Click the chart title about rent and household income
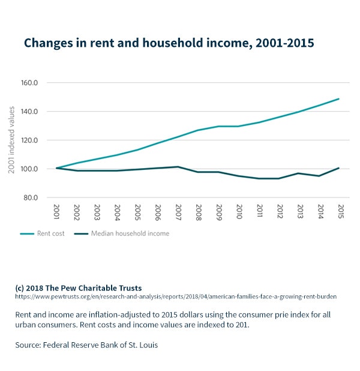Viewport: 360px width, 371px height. (168, 43)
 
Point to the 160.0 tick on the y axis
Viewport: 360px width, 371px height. (29, 83)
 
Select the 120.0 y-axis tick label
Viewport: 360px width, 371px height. (29, 140)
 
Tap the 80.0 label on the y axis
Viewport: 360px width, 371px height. (30, 198)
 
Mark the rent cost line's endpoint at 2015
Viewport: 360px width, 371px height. (339, 99)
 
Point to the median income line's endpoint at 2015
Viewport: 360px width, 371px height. (339, 168)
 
